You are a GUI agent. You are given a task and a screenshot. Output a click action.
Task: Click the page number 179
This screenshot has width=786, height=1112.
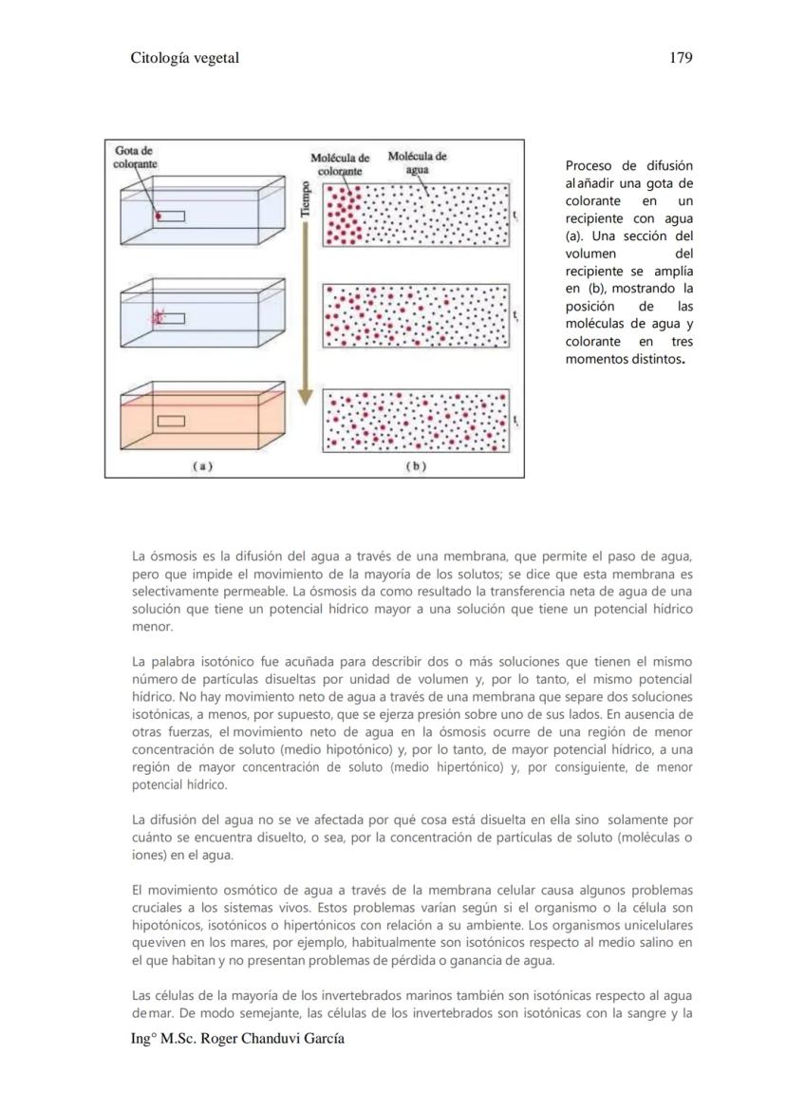[680, 58]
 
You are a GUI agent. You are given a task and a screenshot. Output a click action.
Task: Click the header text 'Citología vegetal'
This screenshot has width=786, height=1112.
[184, 58]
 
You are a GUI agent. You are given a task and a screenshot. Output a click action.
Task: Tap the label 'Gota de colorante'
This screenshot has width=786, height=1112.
[136, 157]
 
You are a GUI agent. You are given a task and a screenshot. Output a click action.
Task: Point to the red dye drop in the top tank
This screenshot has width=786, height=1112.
[159, 217]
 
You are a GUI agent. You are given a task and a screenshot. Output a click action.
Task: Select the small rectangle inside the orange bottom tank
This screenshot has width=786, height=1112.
[171, 421]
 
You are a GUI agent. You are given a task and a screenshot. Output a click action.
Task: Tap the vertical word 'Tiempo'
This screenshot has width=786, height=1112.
[305, 199]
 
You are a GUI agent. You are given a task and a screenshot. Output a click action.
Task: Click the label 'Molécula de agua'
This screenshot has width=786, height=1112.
[417, 162]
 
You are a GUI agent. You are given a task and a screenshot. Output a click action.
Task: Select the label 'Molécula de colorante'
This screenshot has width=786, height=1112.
[340, 164]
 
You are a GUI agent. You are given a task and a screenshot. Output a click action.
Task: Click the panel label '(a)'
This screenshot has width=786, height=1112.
[201, 466]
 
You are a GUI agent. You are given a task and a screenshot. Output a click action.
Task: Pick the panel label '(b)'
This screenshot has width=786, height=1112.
[416, 466]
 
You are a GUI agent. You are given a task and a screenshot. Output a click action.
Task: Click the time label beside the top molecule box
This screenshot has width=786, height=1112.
[515, 217]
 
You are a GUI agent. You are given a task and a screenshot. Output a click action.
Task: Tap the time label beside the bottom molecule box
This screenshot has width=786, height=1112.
[515, 421]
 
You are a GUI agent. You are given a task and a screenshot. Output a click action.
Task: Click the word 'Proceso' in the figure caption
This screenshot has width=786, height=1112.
[589, 165]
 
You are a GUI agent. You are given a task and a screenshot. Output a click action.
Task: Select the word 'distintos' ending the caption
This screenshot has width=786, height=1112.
[654, 359]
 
